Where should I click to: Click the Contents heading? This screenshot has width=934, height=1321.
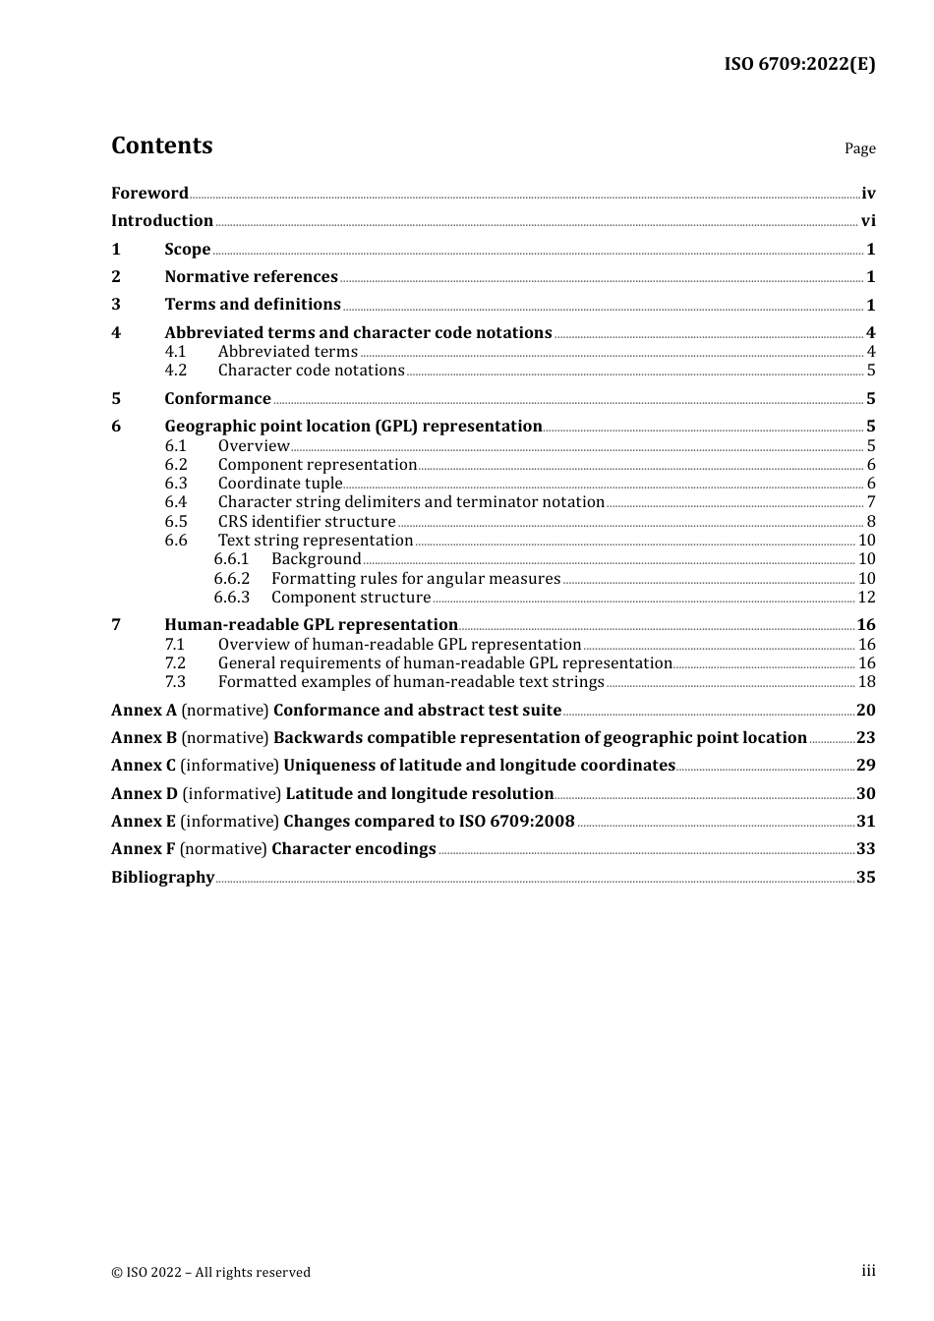(x=161, y=145)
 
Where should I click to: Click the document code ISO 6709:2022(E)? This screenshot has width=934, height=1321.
(x=799, y=64)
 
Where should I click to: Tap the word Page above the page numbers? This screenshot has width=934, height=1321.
(x=859, y=148)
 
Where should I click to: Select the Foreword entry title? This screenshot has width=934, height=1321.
(x=149, y=193)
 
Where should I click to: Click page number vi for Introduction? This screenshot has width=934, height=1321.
(x=868, y=221)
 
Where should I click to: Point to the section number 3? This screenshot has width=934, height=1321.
(x=116, y=305)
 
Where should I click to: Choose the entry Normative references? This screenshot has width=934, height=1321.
(x=251, y=277)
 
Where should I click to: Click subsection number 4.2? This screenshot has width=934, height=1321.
(x=176, y=371)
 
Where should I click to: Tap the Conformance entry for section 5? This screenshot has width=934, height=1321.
(x=217, y=398)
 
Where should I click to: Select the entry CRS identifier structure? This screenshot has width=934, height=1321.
(x=307, y=522)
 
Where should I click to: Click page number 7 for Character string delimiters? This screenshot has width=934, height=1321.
(x=871, y=502)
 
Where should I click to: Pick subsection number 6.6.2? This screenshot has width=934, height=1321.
(x=232, y=579)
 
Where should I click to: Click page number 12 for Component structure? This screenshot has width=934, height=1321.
(x=866, y=598)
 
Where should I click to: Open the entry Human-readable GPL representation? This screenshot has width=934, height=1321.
(x=311, y=625)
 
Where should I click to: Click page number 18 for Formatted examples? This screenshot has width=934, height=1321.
(x=866, y=682)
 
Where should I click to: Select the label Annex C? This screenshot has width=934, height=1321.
(x=144, y=766)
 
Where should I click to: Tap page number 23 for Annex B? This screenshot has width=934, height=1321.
(x=865, y=738)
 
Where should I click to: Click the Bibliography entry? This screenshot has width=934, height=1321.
(x=162, y=877)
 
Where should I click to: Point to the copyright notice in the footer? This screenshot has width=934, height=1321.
(x=210, y=1272)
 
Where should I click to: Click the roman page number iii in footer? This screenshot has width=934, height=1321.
(x=868, y=1271)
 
